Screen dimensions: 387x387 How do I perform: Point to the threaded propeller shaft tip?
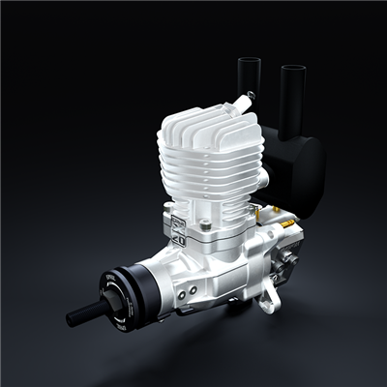[75, 317]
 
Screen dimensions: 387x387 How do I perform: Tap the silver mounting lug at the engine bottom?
[268, 302]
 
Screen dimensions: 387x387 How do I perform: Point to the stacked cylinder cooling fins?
[208, 179]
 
